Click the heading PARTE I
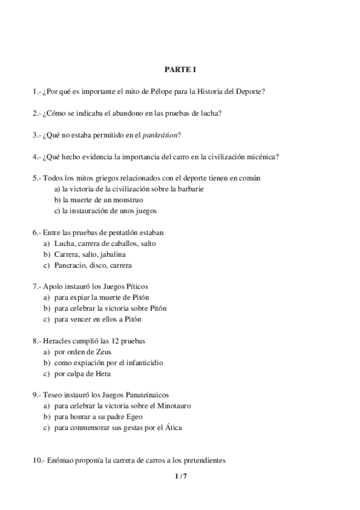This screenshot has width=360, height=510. point(180,70)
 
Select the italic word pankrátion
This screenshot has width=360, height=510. point(159,135)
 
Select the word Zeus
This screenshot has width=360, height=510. point(102,351)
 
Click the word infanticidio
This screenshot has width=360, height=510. point(142,362)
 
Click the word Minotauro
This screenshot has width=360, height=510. point(174,405)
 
